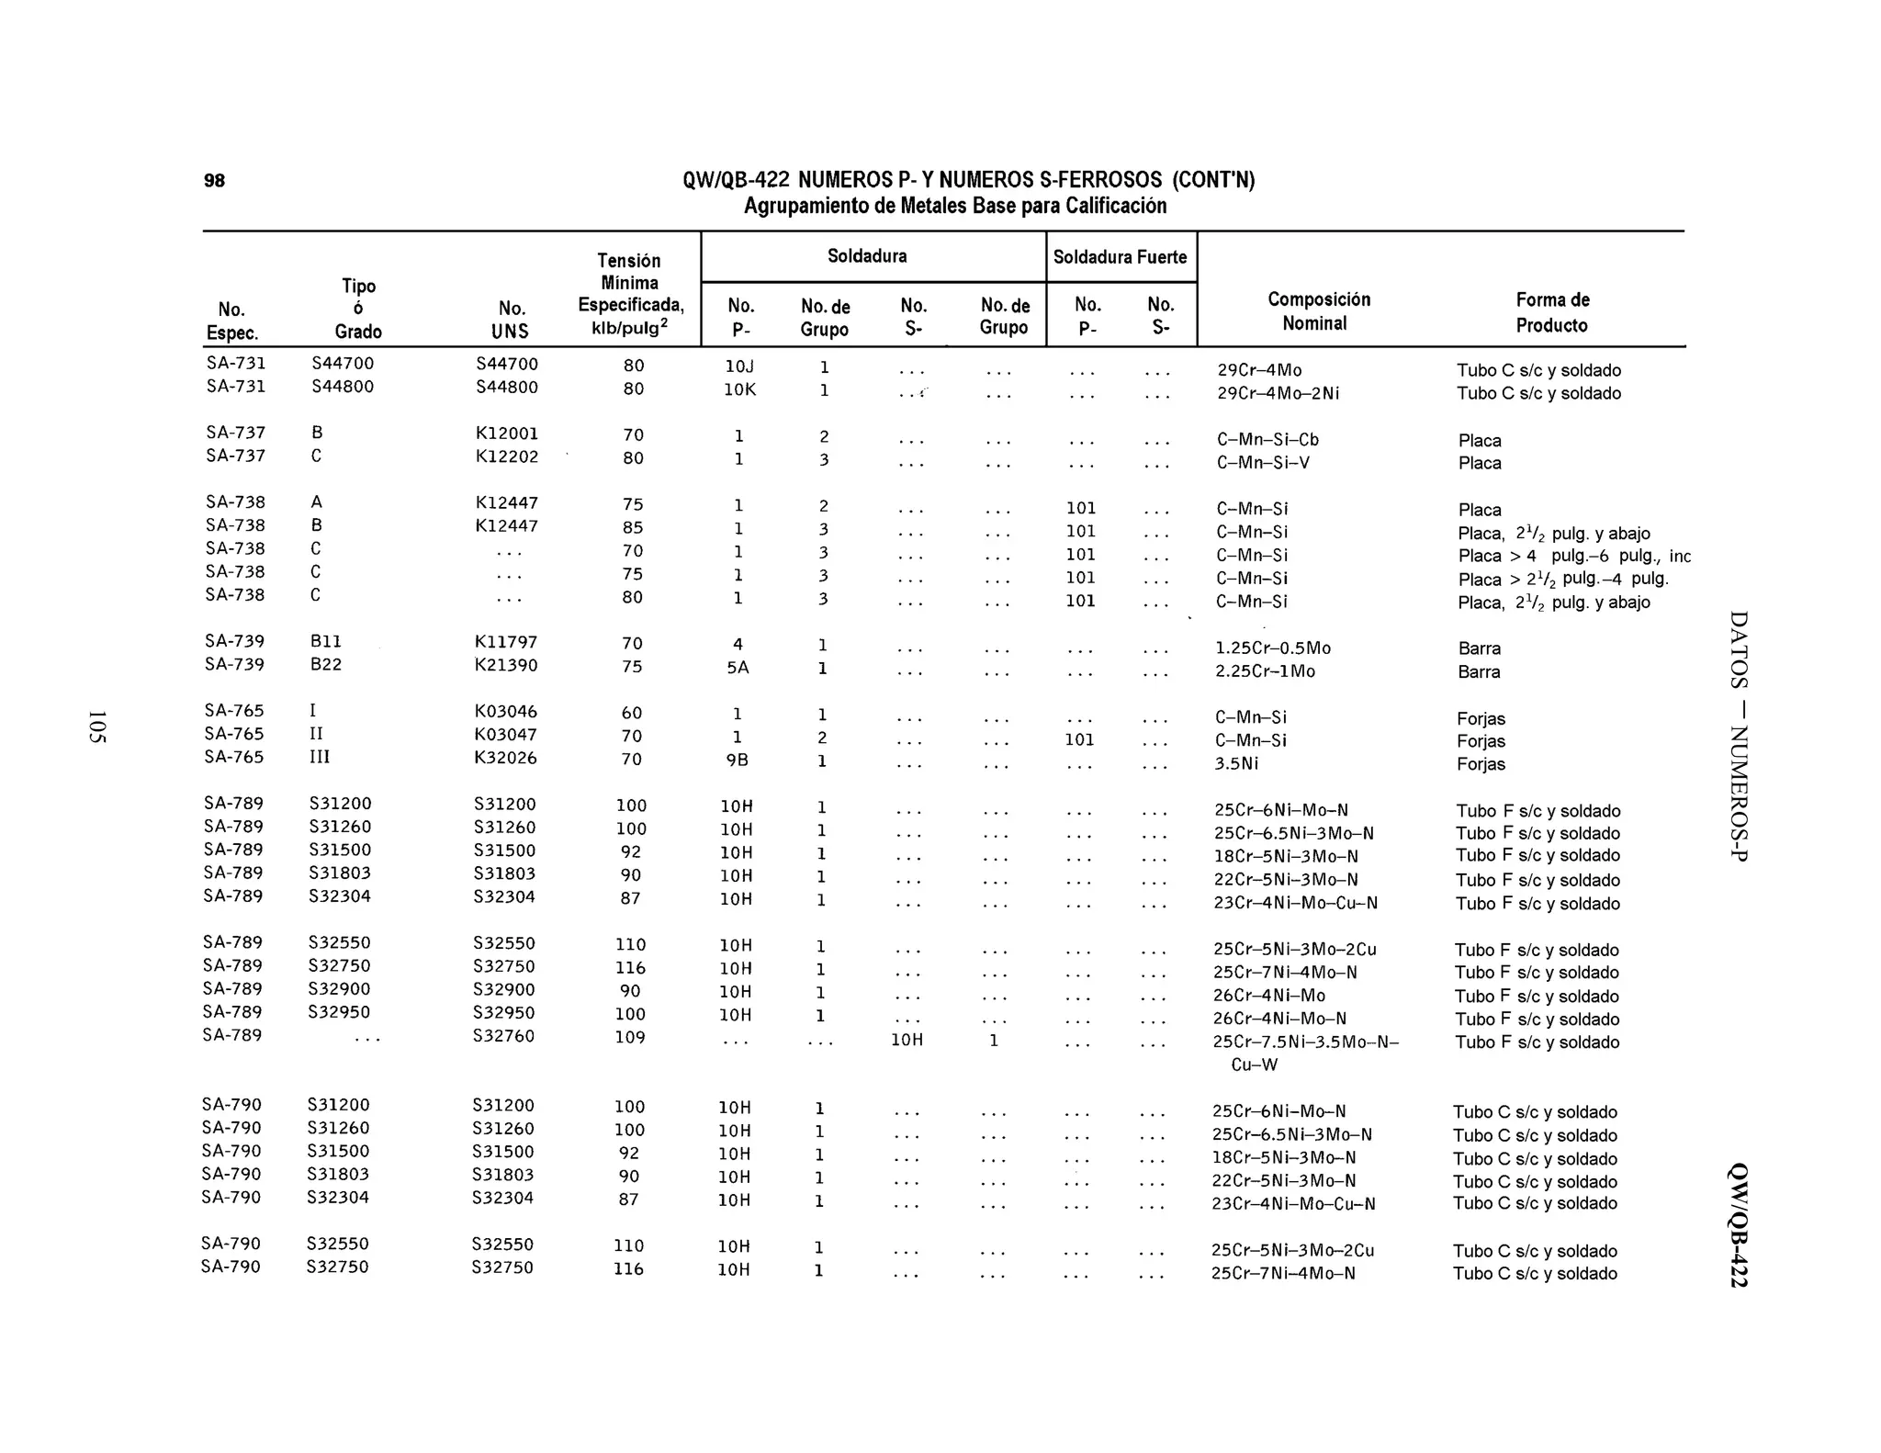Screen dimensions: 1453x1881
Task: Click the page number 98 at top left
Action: click(x=214, y=180)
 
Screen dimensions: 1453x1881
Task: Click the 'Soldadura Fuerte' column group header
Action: click(x=1120, y=257)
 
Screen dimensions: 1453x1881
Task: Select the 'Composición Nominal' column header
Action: click(x=1318, y=311)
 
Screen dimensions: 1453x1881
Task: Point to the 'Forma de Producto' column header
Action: click(x=1551, y=312)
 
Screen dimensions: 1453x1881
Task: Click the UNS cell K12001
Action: click(x=506, y=434)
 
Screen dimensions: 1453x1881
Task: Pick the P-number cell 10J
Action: click(x=739, y=366)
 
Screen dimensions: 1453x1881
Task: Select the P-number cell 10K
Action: click(x=739, y=389)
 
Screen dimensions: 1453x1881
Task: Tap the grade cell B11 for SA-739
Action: click(x=326, y=641)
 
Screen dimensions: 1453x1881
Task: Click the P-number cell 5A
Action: click(x=738, y=668)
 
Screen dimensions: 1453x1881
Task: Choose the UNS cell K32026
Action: click(x=505, y=758)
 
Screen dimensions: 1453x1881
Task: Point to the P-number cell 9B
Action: click(x=738, y=760)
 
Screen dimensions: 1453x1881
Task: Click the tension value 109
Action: click(x=630, y=1037)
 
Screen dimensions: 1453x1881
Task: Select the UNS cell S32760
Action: click(x=503, y=1036)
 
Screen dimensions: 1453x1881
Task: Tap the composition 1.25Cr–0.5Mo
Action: click(x=1272, y=648)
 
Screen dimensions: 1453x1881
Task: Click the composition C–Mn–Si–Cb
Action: click(x=1267, y=440)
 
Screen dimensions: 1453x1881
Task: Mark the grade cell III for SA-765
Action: click(x=319, y=757)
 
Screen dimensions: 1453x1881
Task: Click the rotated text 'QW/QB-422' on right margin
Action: click(x=1738, y=1225)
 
